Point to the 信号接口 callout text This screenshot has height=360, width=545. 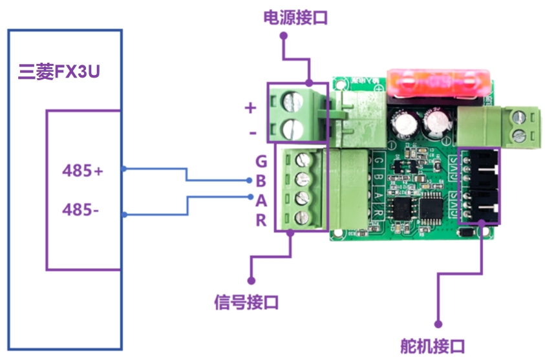[246, 301]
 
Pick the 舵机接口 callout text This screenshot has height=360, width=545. [432, 346]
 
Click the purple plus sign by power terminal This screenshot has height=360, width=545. [250, 108]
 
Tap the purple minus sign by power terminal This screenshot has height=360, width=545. [251, 133]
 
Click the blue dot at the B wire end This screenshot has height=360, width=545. [250, 181]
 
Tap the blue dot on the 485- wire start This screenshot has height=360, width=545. [122, 214]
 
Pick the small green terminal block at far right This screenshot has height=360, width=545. [525, 126]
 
